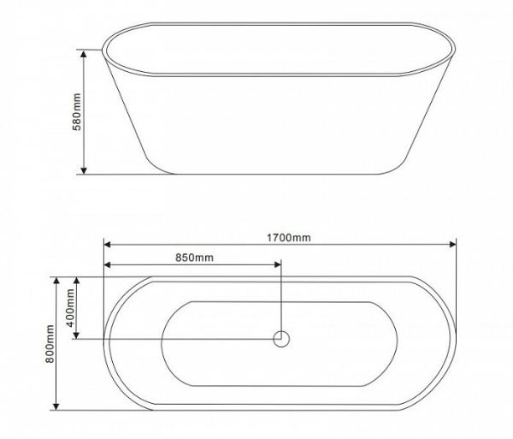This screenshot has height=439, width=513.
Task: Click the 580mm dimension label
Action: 77,112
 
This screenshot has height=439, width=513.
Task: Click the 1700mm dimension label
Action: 289,237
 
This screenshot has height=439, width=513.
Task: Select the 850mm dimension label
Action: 194,258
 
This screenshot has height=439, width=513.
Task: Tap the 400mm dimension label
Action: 70,308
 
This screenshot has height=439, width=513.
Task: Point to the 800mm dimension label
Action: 50,344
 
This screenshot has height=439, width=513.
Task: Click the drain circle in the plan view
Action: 281,339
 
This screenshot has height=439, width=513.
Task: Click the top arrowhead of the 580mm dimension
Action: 84,54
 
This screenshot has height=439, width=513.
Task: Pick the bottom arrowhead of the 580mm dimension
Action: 84,170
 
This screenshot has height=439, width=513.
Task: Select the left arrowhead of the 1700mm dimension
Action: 108,244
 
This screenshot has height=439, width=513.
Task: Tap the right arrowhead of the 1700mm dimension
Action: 452,244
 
